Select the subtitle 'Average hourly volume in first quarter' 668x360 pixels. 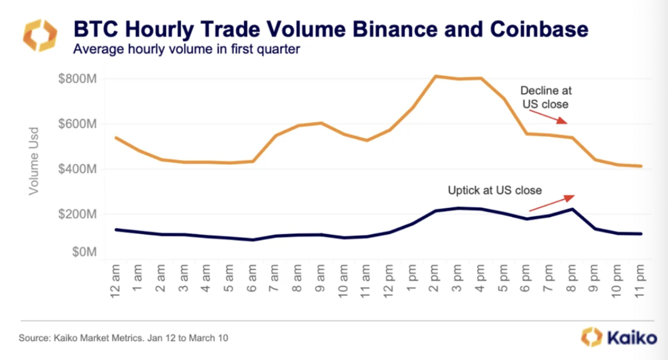(x=186, y=49)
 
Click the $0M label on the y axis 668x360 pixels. (x=83, y=252)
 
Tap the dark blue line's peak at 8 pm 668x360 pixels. (x=572, y=209)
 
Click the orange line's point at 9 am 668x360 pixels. (x=321, y=123)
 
